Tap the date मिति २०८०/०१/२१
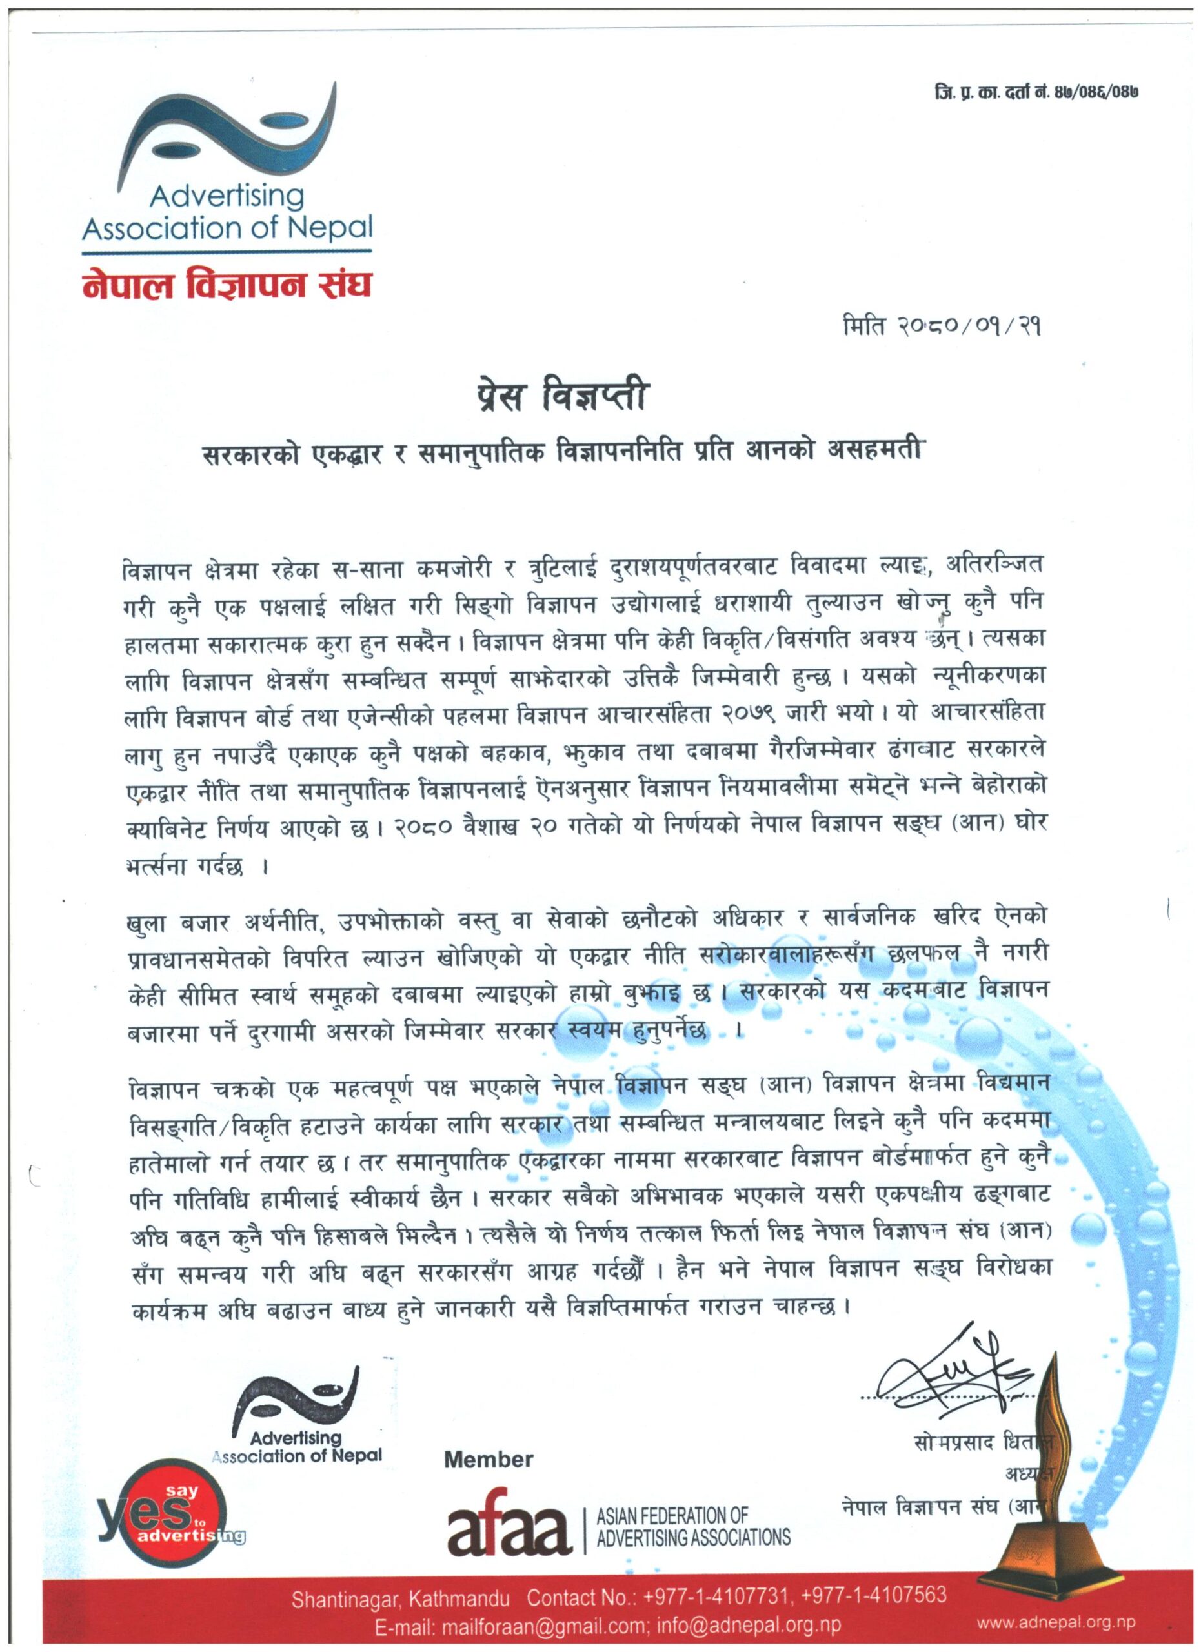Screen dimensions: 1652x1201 (940, 328)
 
